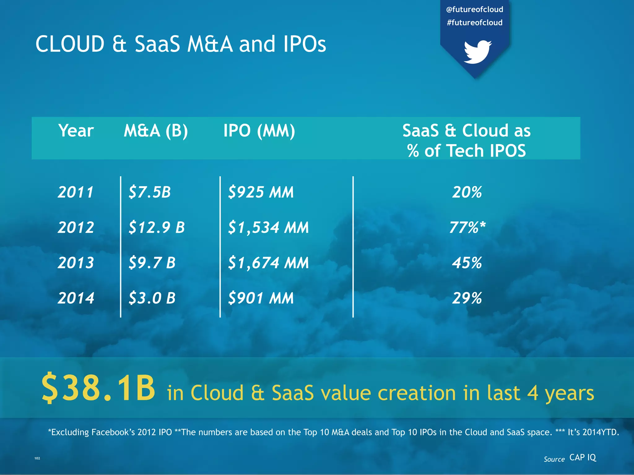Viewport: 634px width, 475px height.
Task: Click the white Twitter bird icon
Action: [x=477, y=52]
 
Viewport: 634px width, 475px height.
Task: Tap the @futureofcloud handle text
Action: [x=475, y=10]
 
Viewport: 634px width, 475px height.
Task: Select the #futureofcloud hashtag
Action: [x=475, y=23]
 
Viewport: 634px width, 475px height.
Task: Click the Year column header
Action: [x=76, y=131]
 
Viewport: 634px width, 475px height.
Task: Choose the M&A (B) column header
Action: [x=156, y=131]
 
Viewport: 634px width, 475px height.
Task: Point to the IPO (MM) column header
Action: [x=259, y=131]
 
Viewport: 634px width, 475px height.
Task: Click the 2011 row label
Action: [x=76, y=192]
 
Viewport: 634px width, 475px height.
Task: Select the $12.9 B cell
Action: [x=157, y=227]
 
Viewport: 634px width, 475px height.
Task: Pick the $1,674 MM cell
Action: [x=268, y=263]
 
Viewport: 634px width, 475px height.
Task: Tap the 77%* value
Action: [x=467, y=227]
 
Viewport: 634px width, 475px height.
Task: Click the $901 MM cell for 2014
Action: [x=261, y=298]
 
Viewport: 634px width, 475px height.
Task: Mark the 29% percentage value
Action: [x=467, y=298]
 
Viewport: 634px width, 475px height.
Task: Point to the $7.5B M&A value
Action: [x=150, y=192]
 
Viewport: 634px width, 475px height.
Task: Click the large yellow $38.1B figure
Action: [x=98, y=388]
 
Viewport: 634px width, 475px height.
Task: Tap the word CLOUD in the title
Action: [x=70, y=44]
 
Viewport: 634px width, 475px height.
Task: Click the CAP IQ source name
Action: [x=583, y=457]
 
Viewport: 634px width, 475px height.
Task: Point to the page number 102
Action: [x=37, y=458]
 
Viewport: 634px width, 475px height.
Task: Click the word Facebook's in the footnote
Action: [x=113, y=432]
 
